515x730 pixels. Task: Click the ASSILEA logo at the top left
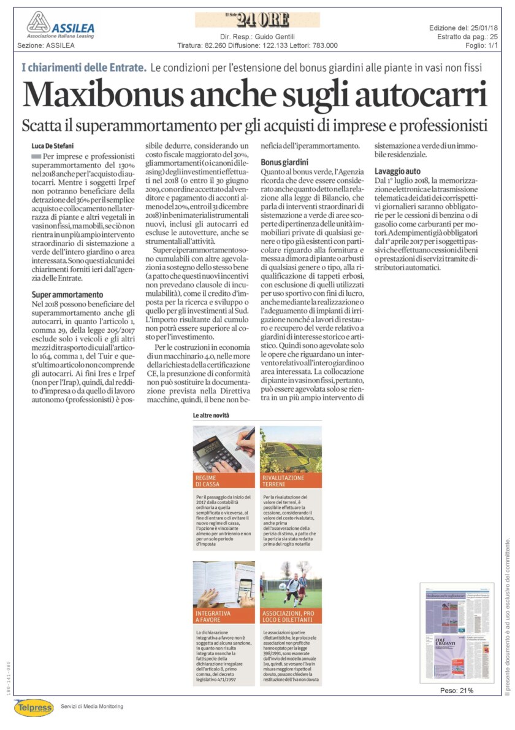click(55, 25)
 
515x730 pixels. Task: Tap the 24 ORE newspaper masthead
click(257, 20)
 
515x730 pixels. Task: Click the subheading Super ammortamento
click(67, 295)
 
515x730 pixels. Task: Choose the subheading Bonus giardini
click(281, 163)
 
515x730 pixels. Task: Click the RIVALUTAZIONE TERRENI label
click(283, 481)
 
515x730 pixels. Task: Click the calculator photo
click(224, 449)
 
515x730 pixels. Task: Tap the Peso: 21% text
click(457, 691)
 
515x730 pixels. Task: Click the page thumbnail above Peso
click(456, 632)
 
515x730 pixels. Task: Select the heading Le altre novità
click(211, 416)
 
